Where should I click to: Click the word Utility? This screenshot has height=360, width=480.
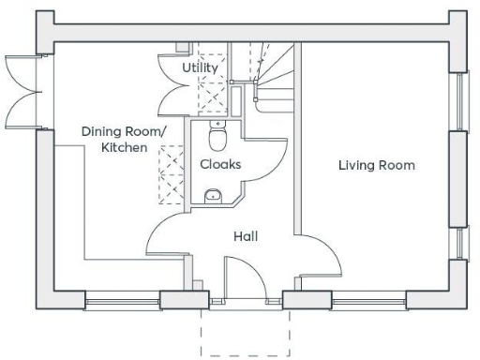[200, 68]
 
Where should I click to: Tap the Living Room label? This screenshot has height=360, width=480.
[376, 165]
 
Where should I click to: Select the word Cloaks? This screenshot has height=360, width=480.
[220, 164]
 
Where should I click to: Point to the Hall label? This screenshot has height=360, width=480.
[246, 236]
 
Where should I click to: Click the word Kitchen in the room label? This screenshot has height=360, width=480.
[125, 148]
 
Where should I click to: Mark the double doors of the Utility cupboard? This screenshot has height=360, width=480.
[193, 95]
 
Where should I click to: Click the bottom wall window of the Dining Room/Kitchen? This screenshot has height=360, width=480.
[122, 301]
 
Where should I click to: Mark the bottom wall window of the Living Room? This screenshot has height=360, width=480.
[368, 301]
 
